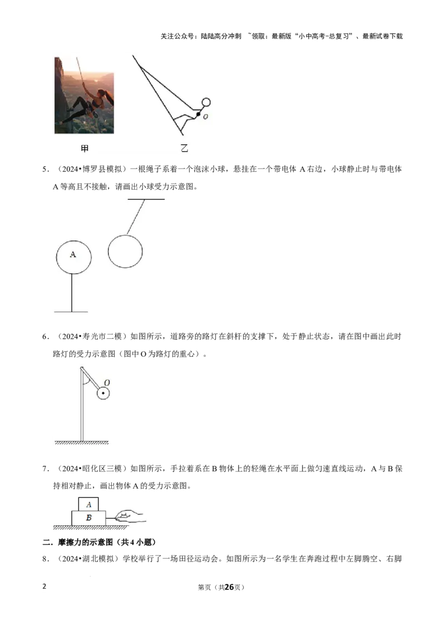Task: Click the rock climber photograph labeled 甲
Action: click(x=85, y=95)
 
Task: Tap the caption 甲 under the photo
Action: click(x=85, y=149)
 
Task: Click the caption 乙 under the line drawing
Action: click(x=184, y=148)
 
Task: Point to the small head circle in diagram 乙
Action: click(x=206, y=102)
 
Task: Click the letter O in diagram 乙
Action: click(x=206, y=117)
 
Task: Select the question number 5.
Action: click(x=46, y=169)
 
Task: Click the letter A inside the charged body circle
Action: click(x=73, y=254)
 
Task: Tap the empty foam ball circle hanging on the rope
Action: click(x=125, y=252)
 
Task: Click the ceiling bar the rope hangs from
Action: click(x=146, y=199)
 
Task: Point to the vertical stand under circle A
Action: click(x=72, y=293)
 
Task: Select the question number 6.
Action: click(x=46, y=337)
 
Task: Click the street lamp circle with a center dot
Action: click(x=103, y=393)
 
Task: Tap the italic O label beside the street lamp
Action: click(x=107, y=382)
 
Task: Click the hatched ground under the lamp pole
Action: click(x=82, y=443)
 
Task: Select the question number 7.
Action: click(x=46, y=469)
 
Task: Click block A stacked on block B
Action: click(x=88, y=504)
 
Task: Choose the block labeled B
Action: click(x=89, y=518)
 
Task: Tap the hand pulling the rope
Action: click(x=129, y=516)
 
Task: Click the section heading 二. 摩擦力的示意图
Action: click(x=99, y=543)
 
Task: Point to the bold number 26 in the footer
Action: click(x=229, y=587)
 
